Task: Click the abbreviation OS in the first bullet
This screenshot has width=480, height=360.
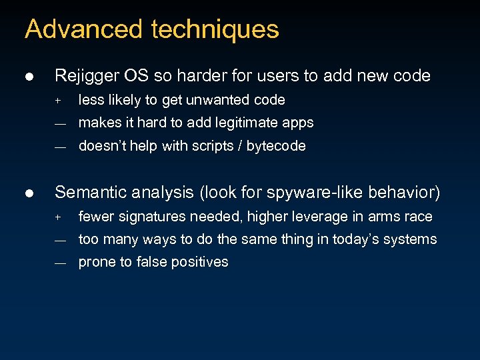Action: point(136,76)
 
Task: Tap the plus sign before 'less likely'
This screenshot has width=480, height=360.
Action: point(58,100)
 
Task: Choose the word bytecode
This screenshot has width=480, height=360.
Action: point(276,146)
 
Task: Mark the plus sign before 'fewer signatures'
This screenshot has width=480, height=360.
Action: point(58,217)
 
